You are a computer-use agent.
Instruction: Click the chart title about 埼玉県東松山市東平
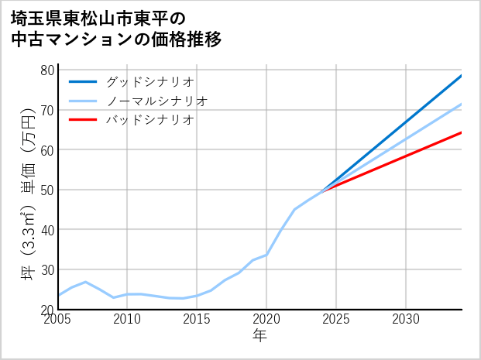tap(116, 28)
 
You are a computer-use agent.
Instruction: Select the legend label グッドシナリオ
tap(149, 81)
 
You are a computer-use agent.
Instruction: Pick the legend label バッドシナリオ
tap(149, 120)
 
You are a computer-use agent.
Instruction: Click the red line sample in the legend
tap(83, 120)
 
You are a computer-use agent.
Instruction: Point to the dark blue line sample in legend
tap(83, 81)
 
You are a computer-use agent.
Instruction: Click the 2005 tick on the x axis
tap(59, 320)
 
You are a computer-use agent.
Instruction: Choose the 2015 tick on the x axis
tap(198, 320)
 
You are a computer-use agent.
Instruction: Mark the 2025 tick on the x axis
tap(336, 320)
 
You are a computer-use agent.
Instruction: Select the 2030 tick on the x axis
tap(406, 320)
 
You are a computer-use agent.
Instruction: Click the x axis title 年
tap(260, 336)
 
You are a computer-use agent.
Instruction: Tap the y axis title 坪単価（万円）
tap(28, 190)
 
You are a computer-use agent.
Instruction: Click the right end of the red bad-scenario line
tap(461, 132)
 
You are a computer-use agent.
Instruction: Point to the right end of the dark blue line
tap(461, 76)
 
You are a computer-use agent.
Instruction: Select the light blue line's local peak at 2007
tap(86, 282)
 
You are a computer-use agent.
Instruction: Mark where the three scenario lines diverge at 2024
tap(322, 190)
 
